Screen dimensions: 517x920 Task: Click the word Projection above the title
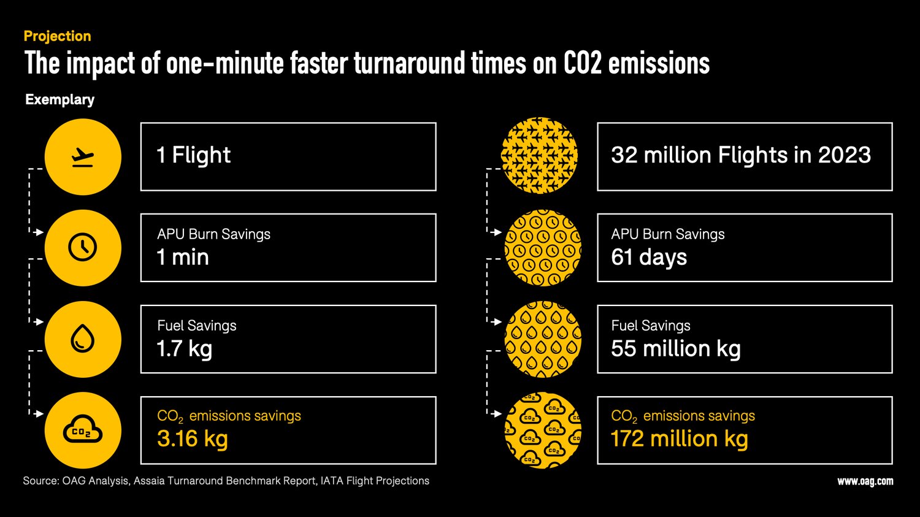point(57,36)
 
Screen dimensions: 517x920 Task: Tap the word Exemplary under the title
point(59,99)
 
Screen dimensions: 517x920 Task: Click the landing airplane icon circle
point(83,157)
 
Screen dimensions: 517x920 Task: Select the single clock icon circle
point(83,248)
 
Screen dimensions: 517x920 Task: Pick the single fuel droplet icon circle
point(83,339)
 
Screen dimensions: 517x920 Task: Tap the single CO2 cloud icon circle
point(83,430)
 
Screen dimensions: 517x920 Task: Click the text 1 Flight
point(194,155)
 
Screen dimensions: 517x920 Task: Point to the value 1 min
point(183,258)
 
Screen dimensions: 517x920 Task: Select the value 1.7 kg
point(184,348)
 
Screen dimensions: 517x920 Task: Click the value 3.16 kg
point(192,439)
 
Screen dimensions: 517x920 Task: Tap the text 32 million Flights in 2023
point(740,155)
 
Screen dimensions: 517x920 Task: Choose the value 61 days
point(649,258)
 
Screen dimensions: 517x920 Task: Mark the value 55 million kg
point(675,348)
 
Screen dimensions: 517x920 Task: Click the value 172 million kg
point(679,439)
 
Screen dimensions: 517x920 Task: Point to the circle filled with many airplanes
point(540,155)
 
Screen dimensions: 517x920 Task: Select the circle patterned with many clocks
point(542,248)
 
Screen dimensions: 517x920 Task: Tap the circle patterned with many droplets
point(542,339)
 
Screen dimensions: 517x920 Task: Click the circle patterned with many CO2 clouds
point(542,430)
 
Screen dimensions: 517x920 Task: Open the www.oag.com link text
point(865,481)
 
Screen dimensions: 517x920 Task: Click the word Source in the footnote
point(40,481)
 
